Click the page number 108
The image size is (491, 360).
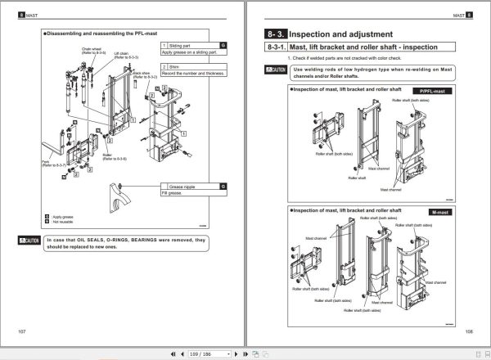point(468,330)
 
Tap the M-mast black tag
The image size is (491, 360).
point(439,212)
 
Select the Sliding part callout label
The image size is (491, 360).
point(182,47)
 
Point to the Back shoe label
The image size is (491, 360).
point(140,73)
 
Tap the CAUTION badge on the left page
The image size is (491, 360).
point(29,241)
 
